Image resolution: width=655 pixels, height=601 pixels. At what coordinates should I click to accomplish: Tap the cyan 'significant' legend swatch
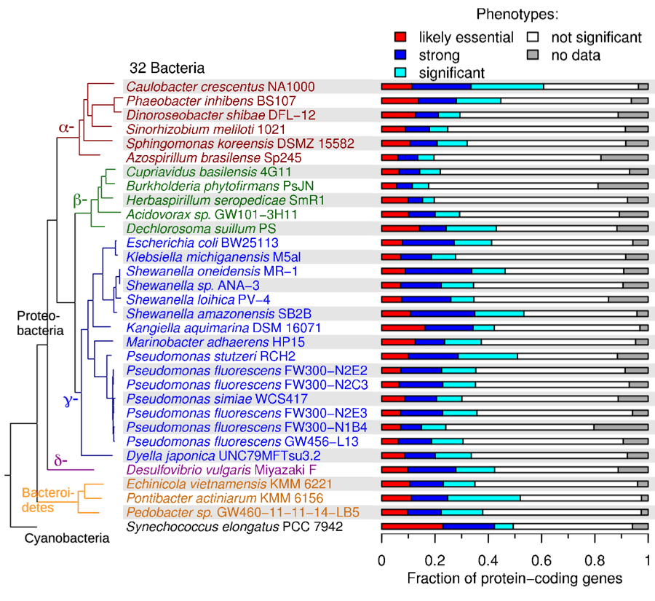pos(400,72)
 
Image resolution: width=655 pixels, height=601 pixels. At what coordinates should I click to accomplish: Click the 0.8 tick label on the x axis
pos(595,562)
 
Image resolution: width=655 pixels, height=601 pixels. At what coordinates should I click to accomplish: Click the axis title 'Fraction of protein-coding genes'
pos(515,580)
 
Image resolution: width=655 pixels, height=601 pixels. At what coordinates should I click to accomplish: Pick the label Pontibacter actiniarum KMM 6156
pos(207,498)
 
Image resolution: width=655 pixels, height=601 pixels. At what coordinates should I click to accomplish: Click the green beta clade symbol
pos(79,199)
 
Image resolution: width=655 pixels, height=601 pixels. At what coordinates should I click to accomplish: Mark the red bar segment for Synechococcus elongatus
pos(412,527)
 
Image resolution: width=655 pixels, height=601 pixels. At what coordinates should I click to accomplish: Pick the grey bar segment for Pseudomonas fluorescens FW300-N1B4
pos(621,427)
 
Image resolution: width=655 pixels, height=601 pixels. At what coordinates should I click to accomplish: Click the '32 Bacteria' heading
pos(167,68)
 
